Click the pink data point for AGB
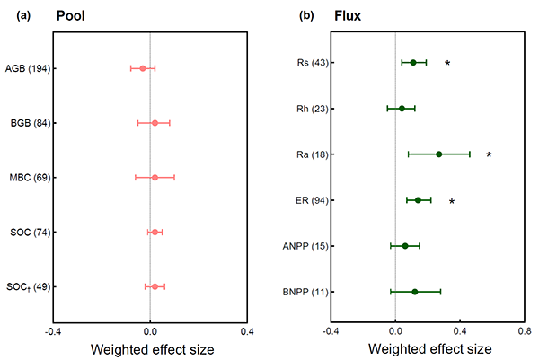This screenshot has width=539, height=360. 142,68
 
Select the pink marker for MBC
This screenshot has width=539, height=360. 155,178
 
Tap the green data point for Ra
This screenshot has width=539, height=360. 439,154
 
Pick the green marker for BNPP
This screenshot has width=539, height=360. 415,292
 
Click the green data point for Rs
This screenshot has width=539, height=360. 413,63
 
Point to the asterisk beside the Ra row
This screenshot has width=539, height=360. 489,155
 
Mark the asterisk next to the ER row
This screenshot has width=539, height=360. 452,202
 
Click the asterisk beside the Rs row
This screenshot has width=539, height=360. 447,64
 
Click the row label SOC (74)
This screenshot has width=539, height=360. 30,233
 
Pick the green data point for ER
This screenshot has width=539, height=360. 418,200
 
